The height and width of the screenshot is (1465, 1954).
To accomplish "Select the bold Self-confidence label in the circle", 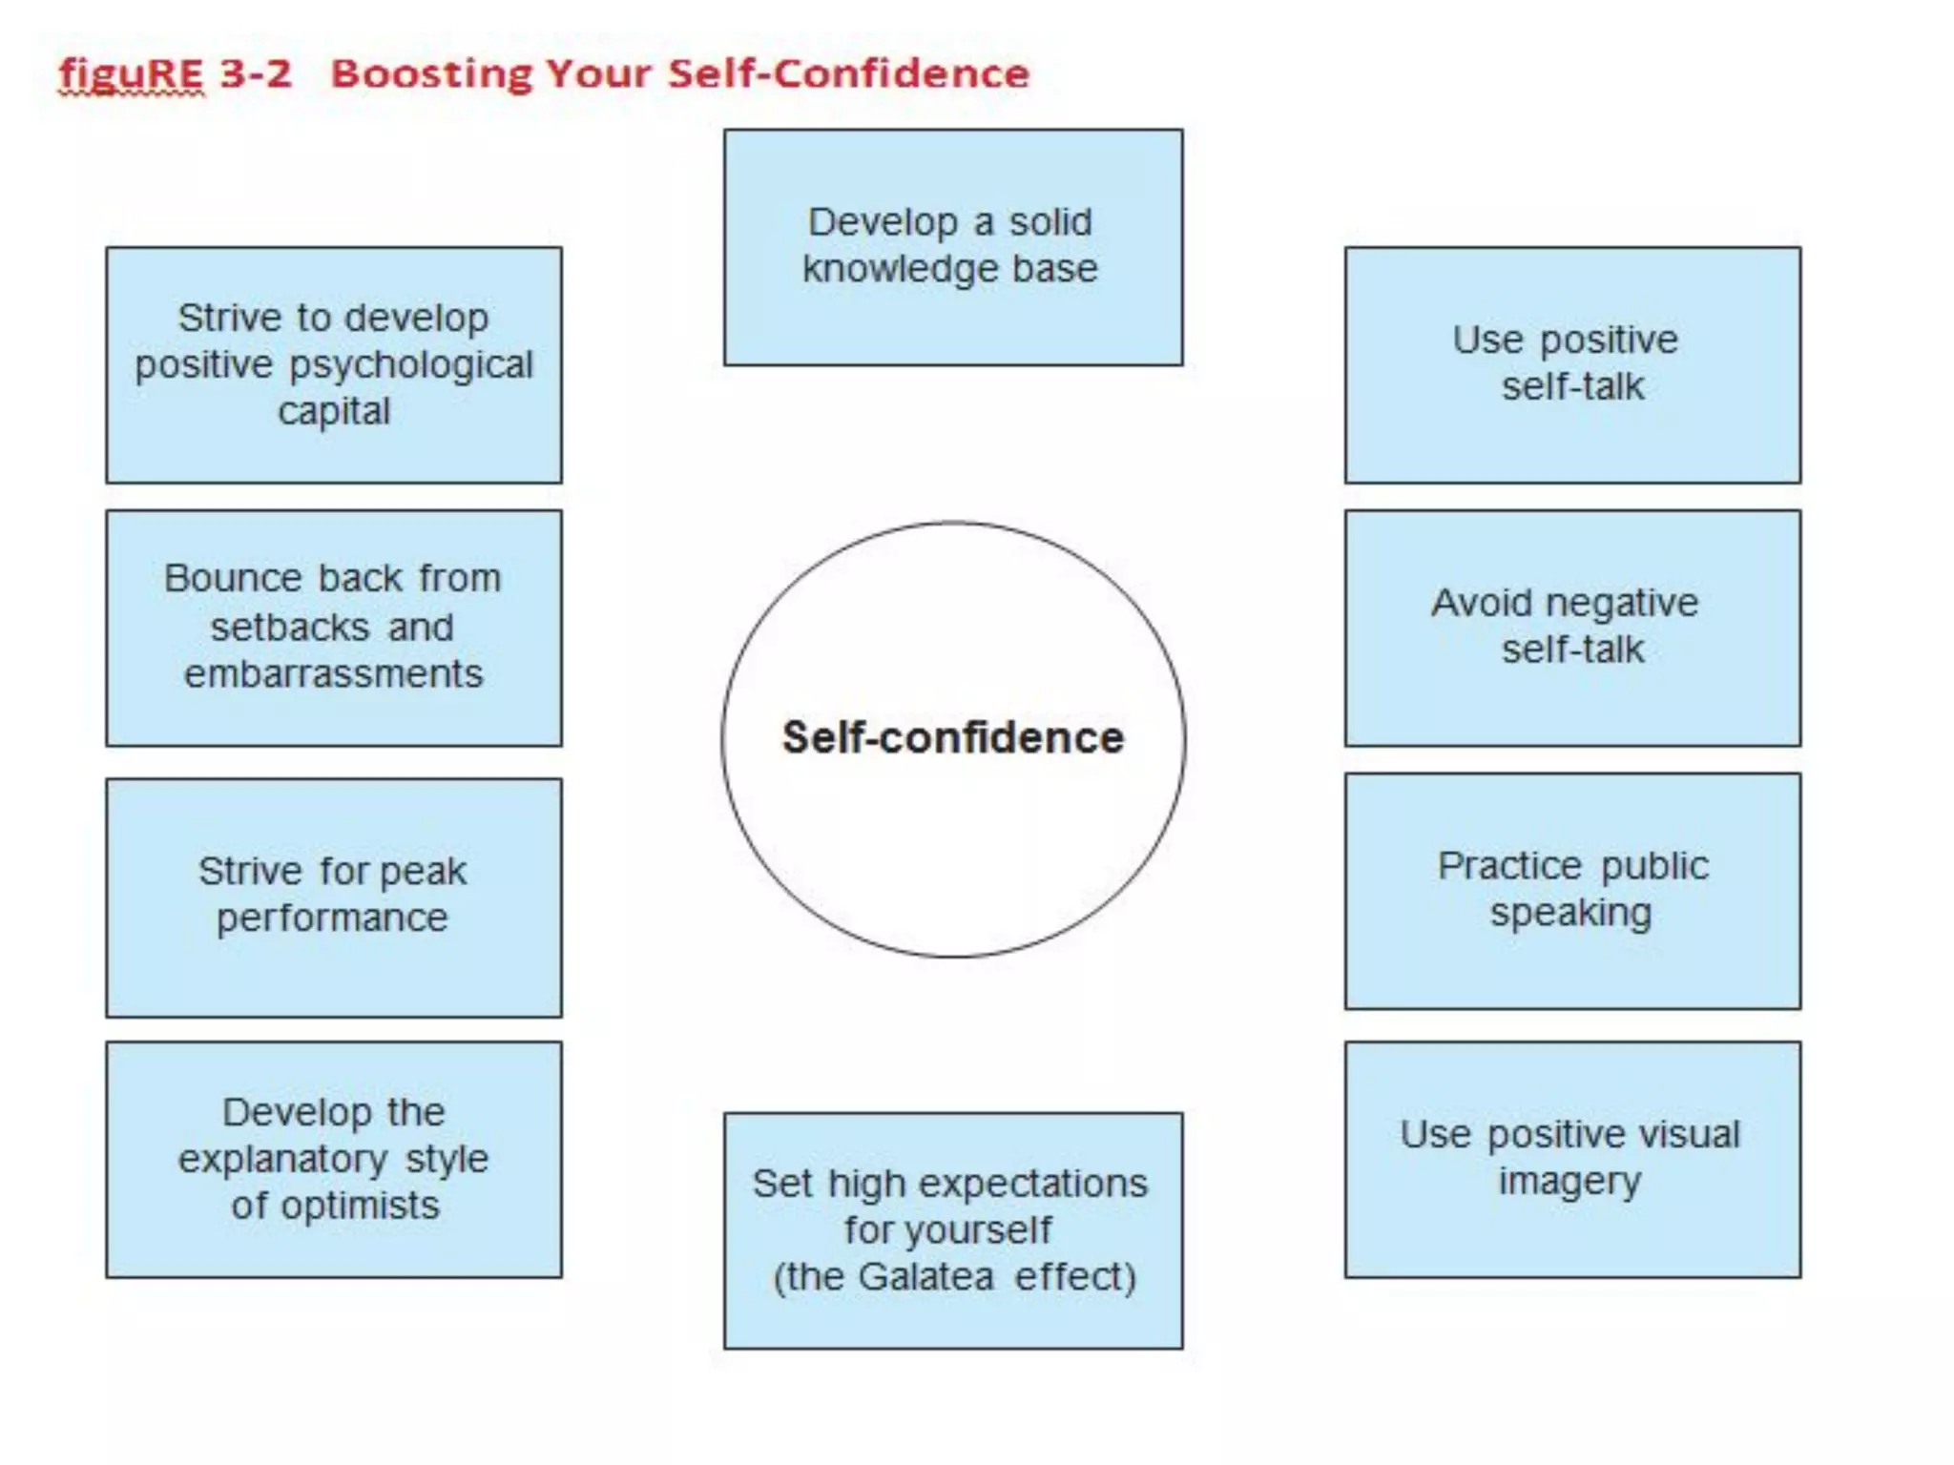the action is tap(953, 737).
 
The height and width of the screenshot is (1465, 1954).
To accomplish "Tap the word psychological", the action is tap(411, 365).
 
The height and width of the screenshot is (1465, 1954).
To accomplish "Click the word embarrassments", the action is tap(334, 673).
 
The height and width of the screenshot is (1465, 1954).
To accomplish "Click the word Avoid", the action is tap(1481, 603).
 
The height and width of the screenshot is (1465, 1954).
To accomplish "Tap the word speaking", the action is tap(1571, 913).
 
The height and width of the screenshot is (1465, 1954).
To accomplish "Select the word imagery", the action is tap(1569, 1182).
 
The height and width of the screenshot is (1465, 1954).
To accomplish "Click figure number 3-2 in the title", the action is tap(255, 73).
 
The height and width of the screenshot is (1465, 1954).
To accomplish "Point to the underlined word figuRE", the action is tap(132, 73).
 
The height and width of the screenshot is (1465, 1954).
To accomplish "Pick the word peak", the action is tap(425, 871).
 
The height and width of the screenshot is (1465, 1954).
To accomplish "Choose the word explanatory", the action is tap(282, 1159).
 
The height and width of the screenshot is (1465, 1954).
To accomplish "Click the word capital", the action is tap(334, 411).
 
